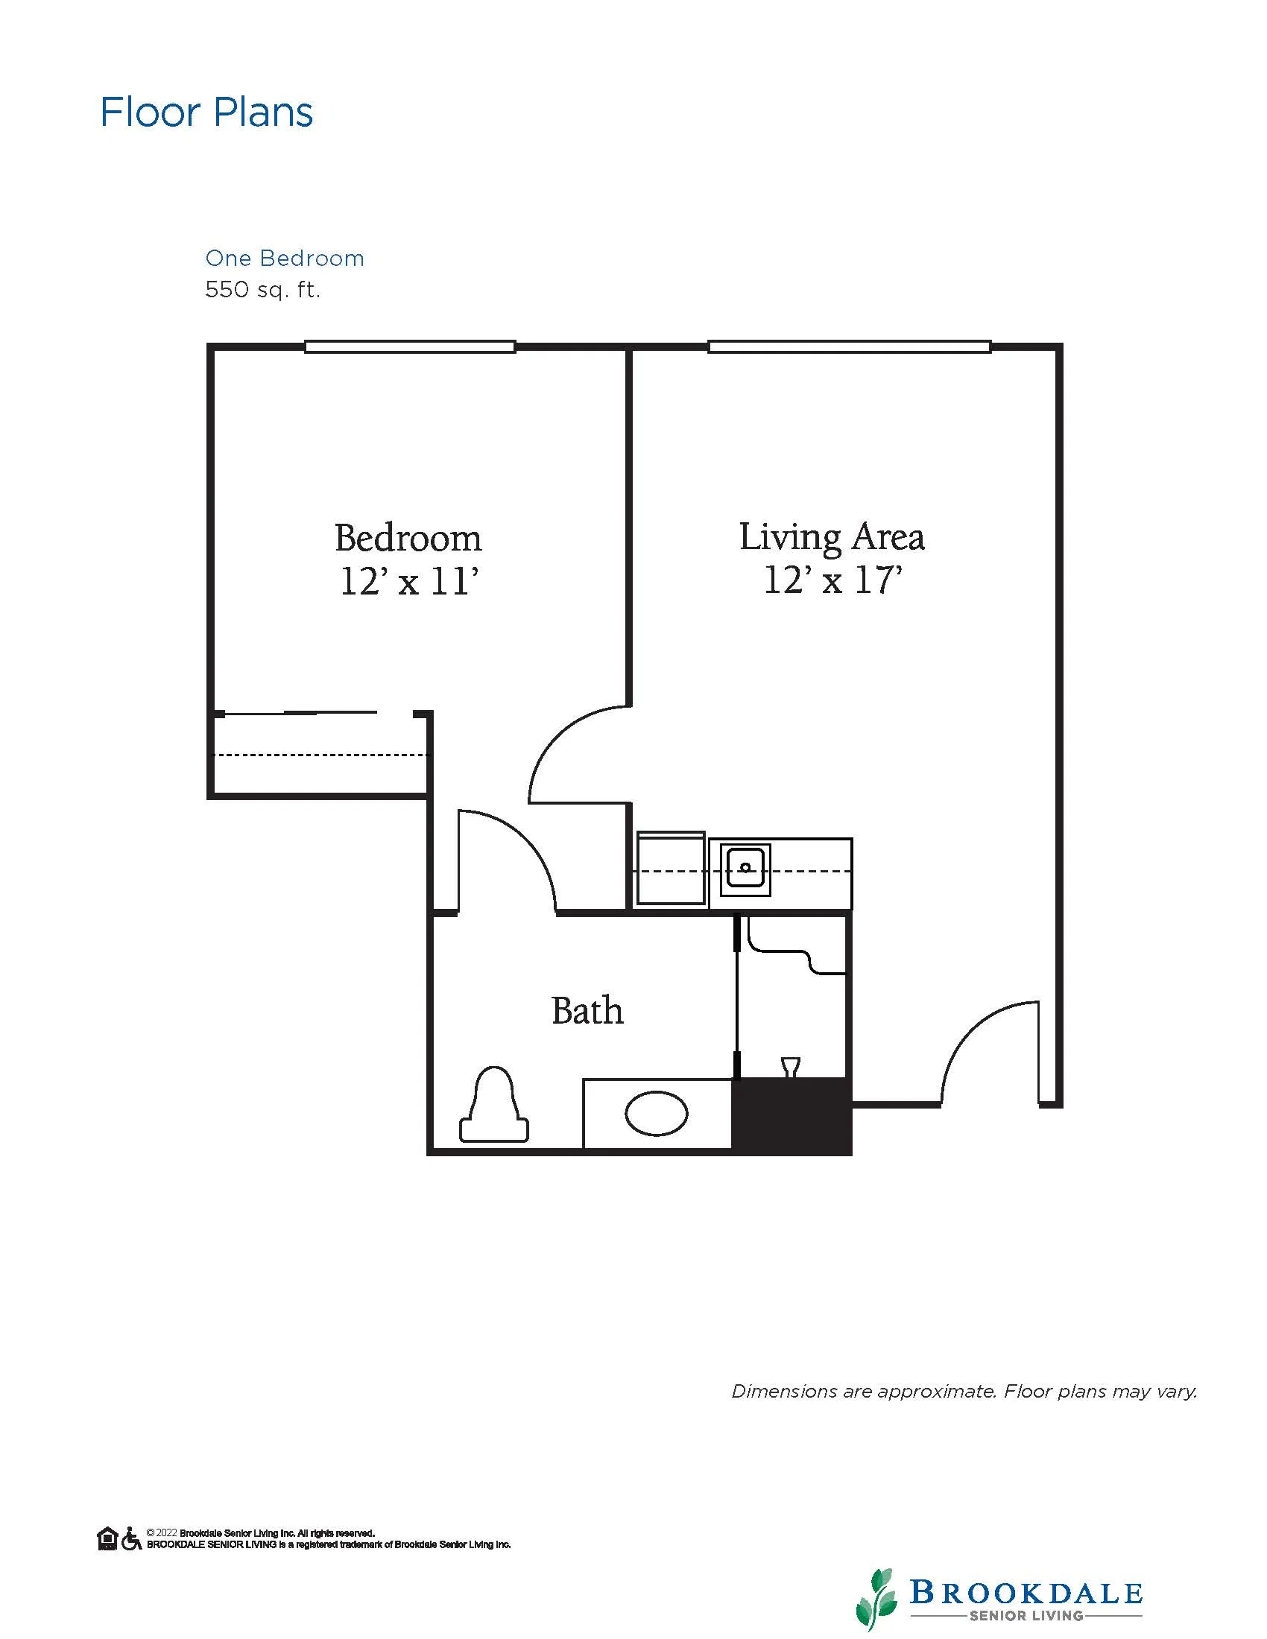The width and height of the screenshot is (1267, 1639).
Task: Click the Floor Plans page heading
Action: tap(206, 112)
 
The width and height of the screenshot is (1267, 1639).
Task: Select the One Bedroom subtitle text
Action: tap(285, 259)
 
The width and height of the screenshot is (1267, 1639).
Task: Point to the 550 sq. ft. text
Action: tap(262, 290)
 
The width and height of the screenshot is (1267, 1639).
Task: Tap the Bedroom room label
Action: tap(408, 538)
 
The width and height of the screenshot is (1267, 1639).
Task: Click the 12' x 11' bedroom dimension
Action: tap(409, 582)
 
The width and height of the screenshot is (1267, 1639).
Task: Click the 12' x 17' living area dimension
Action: tap(832, 580)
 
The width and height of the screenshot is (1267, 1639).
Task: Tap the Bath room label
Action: tap(587, 1011)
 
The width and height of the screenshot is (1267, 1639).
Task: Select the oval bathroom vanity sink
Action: tap(656, 1114)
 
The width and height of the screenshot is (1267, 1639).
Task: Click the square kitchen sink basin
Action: tap(745, 869)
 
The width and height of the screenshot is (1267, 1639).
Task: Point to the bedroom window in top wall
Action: tap(410, 346)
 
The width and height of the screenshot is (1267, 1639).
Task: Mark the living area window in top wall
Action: tap(849, 346)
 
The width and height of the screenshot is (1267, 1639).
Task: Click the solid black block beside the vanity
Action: tap(792, 1115)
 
